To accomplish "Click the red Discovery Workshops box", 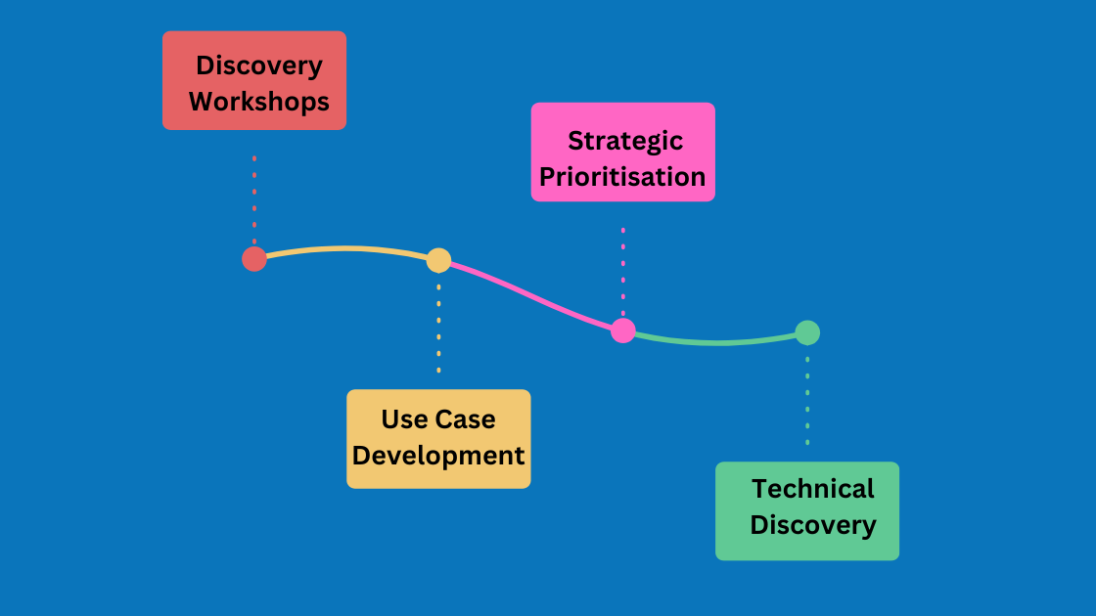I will point(254,80).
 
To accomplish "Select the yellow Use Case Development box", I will point(438,438).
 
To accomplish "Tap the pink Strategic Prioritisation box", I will point(622,152).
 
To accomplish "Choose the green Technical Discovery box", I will point(807,510).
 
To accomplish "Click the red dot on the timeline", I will point(254,258).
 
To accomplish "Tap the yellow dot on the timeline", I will point(438,260).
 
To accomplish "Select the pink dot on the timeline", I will point(623,330).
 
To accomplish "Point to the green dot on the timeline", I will point(807,332).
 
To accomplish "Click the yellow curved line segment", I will point(347,248).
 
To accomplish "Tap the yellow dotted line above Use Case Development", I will point(438,329).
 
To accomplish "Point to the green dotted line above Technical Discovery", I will point(807,401).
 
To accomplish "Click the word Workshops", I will point(259,101).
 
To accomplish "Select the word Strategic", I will point(625,140).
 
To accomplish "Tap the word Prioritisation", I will point(622,177).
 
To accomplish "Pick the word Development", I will point(438,456).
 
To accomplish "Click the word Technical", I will point(812,488).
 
